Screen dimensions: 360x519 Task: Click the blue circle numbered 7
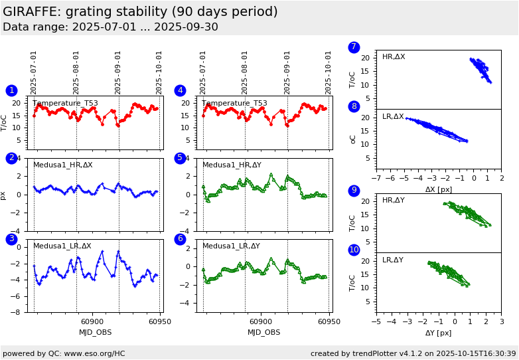coord(354,47)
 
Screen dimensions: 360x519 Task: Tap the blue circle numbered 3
coord(11,239)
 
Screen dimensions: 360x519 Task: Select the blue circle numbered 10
coord(354,250)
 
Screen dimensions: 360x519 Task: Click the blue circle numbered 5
coord(180,158)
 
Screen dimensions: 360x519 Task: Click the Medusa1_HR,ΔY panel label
coord(232,165)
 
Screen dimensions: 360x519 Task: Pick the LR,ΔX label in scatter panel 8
coord(393,117)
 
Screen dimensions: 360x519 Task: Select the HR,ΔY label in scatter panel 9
coord(394,201)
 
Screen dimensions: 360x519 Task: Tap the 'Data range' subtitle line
coord(110,27)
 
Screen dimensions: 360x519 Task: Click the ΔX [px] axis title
coord(439,189)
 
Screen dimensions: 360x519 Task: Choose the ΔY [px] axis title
coord(439,333)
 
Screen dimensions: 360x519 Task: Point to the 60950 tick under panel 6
coord(329,321)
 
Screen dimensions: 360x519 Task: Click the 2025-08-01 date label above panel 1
coord(76,72)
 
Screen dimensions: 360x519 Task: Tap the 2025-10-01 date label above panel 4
coord(329,72)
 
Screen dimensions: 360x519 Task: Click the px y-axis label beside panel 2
coord(4,195)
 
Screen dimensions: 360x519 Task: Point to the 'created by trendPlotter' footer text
coord(413,354)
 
